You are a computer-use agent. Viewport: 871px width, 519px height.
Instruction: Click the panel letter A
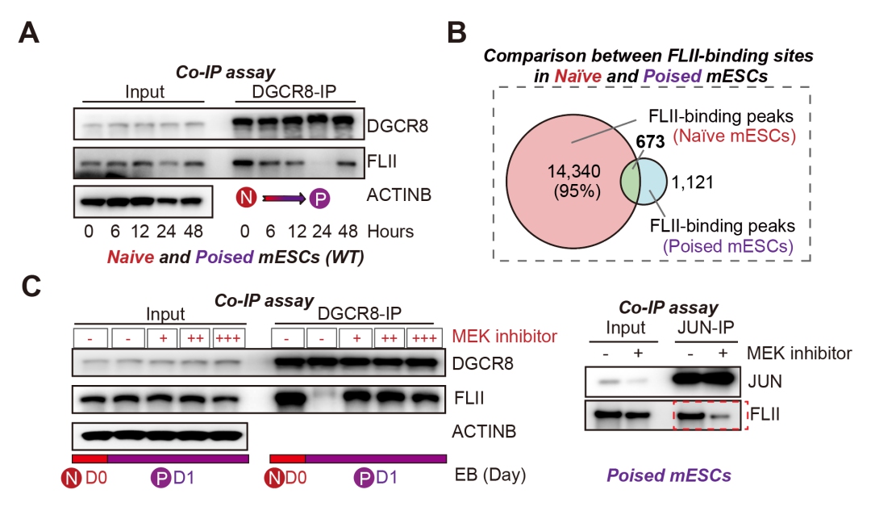(29, 35)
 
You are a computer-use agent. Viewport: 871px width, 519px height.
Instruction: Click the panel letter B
(456, 35)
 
